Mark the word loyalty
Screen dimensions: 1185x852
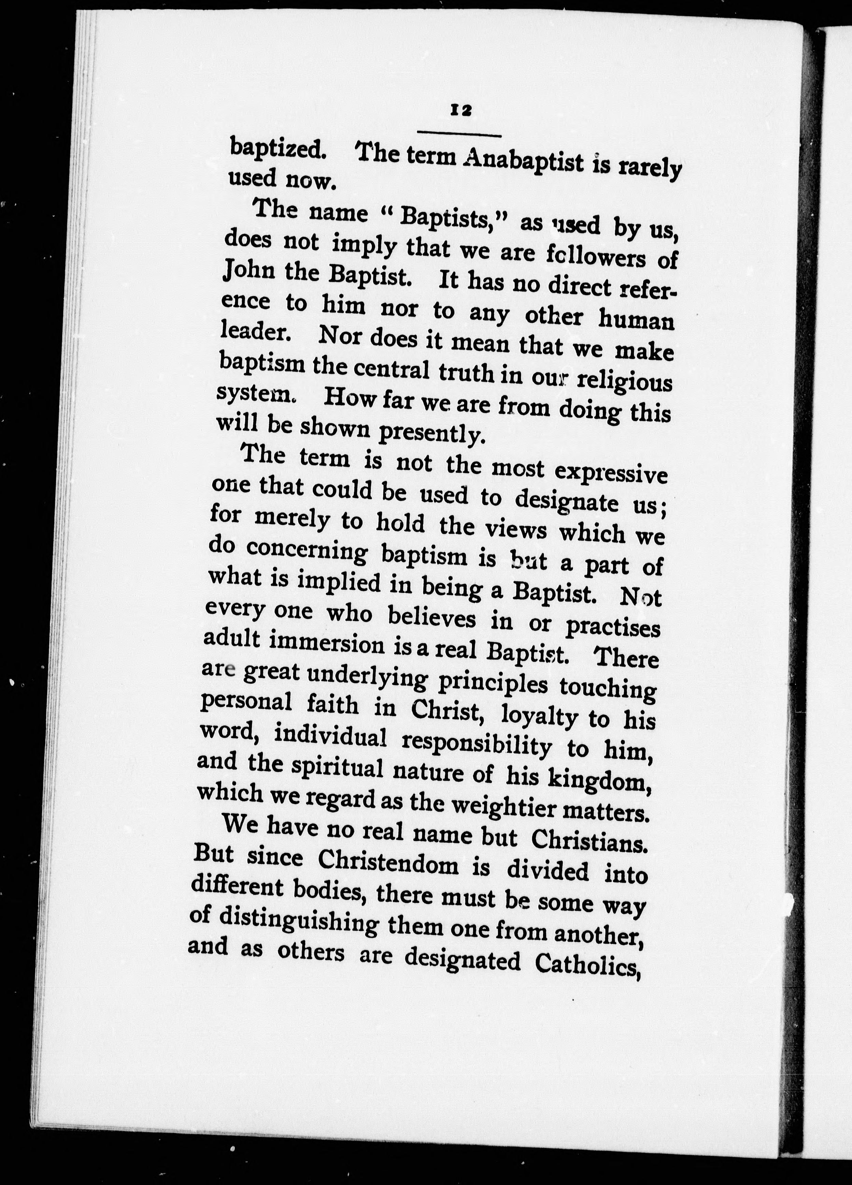click(539, 716)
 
